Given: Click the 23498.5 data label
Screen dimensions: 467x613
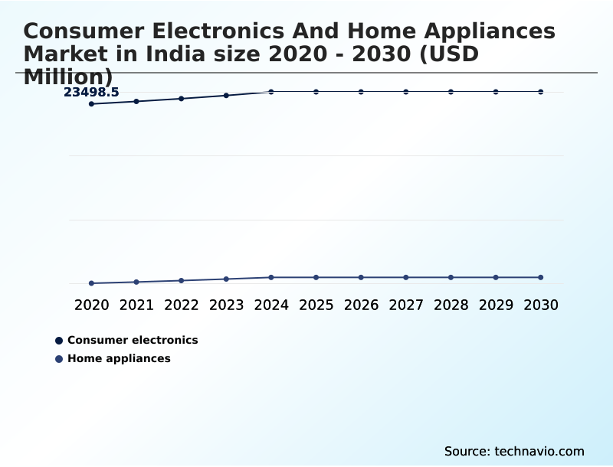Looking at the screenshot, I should click(x=91, y=93).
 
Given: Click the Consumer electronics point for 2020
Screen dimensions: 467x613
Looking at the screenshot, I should click(x=91, y=103).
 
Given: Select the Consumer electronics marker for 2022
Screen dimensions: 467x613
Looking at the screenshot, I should click(x=182, y=99).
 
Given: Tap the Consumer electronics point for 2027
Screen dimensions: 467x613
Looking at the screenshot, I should click(x=406, y=92).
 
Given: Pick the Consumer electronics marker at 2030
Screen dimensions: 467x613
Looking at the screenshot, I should click(x=541, y=92).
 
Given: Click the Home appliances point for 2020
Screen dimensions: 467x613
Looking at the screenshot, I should click(x=91, y=283).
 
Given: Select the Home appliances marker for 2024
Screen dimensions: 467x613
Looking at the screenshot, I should click(x=271, y=277).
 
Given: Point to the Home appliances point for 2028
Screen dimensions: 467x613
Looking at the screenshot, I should click(x=451, y=277).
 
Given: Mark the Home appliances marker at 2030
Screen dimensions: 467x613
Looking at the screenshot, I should click(x=541, y=277).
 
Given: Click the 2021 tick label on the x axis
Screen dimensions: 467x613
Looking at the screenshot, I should click(x=136, y=305).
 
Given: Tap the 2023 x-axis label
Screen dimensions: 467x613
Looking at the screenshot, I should click(x=226, y=305).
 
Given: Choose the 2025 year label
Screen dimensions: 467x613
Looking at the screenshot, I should click(x=316, y=305).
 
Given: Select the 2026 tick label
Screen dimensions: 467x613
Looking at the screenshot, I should click(x=361, y=305).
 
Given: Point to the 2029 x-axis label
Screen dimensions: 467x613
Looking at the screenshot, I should click(x=496, y=305).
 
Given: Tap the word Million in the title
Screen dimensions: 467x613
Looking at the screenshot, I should click(x=68, y=77).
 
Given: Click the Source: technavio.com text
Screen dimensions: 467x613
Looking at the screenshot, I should click(x=514, y=451).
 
